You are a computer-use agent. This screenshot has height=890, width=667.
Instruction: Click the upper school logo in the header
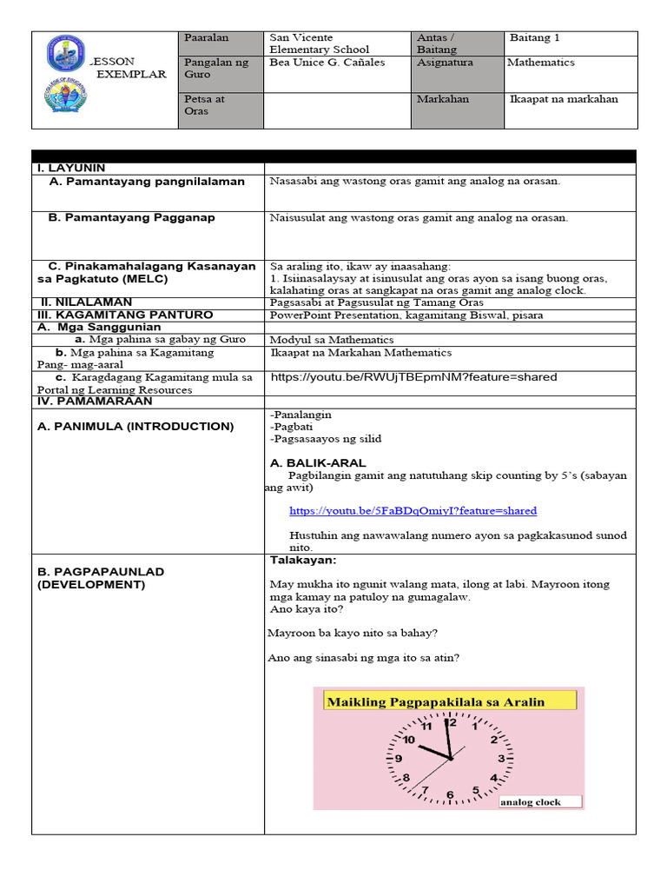pos(66,53)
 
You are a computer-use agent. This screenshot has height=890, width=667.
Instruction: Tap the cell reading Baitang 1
pos(535,37)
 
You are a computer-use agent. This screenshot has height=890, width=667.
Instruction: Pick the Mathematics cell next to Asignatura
pos(541,63)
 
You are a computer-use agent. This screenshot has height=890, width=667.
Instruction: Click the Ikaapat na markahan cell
pos(565,99)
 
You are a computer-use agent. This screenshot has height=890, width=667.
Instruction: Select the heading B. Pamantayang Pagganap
pos(132,217)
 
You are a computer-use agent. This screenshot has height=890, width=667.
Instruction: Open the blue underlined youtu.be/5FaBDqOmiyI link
pos(413,511)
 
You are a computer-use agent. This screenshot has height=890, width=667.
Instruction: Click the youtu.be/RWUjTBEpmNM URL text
pos(413,377)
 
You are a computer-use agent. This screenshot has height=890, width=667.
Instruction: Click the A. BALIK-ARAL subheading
pos(318,463)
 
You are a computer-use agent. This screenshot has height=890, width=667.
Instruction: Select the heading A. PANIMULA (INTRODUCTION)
pos(135,427)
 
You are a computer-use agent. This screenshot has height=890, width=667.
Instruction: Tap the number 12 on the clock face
pos(450,722)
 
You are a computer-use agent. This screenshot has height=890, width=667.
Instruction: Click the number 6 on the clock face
pos(449,794)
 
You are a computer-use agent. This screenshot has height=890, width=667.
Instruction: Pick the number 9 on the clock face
pos(399,758)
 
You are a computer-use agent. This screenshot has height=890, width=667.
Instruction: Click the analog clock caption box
pos(539,802)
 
